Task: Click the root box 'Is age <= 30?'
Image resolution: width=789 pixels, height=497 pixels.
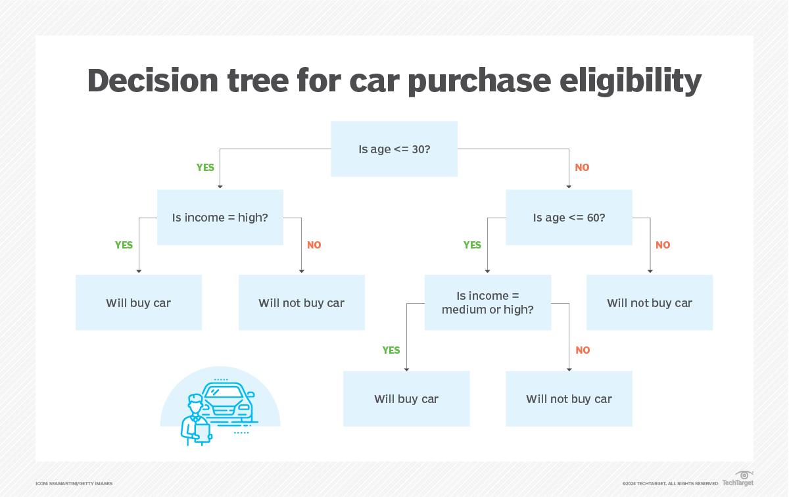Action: (x=394, y=149)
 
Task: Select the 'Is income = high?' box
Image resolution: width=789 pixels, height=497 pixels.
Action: (x=220, y=218)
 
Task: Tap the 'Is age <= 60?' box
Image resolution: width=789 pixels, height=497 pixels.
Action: (x=569, y=218)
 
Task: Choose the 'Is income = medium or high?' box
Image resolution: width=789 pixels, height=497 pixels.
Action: (x=488, y=302)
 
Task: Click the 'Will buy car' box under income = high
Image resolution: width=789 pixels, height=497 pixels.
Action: (x=139, y=302)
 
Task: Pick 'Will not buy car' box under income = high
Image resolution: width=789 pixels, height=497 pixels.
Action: (x=302, y=302)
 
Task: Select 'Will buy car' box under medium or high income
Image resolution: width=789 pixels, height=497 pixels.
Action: (x=406, y=399)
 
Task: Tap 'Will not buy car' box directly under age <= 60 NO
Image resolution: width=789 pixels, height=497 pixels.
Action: (x=650, y=302)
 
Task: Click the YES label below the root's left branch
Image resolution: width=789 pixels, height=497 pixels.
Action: (x=205, y=168)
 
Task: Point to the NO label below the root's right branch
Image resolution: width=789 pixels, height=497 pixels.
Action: (x=583, y=168)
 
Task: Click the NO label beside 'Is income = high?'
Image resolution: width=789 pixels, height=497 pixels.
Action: (x=314, y=245)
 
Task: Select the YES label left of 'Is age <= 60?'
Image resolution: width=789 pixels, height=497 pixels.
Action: (x=472, y=245)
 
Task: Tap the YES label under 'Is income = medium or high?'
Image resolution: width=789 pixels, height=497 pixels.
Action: (x=391, y=350)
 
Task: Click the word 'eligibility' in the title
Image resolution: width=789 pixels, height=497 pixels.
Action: (x=631, y=81)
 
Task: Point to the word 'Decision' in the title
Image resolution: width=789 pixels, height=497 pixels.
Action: (x=153, y=81)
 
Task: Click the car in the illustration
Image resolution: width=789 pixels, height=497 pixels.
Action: (x=228, y=401)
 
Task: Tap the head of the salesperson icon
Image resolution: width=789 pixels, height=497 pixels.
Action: (x=195, y=403)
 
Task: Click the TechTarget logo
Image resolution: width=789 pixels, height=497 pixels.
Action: (x=738, y=479)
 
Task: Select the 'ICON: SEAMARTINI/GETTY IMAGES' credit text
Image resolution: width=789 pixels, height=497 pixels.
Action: (x=74, y=484)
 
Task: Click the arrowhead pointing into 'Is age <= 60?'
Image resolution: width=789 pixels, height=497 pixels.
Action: (x=569, y=187)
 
